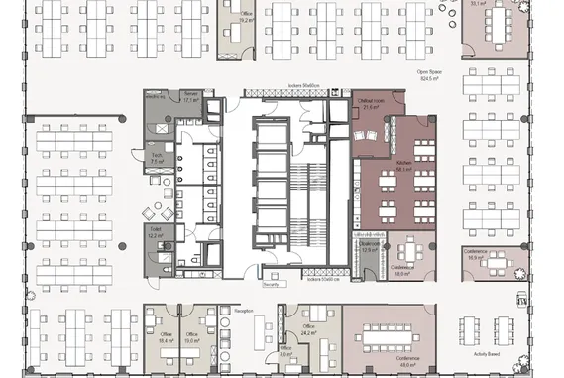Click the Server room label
point(191,97)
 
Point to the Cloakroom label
point(370,247)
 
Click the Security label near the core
point(271,284)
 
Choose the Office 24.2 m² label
point(308,329)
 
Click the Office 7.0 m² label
point(285,350)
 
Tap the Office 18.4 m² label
point(166,337)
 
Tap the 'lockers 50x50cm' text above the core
point(303,86)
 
